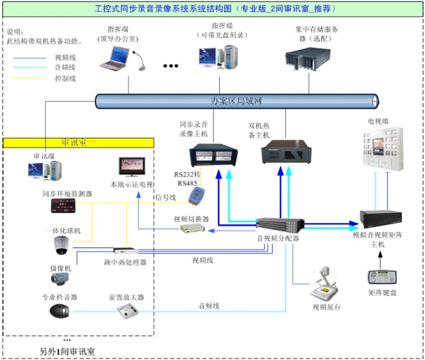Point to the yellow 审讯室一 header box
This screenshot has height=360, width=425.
pyautogui.click(x=79, y=142)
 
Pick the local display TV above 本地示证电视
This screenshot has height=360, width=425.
pyautogui.click(x=132, y=167)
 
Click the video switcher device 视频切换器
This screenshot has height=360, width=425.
pyautogui.click(x=192, y=229)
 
